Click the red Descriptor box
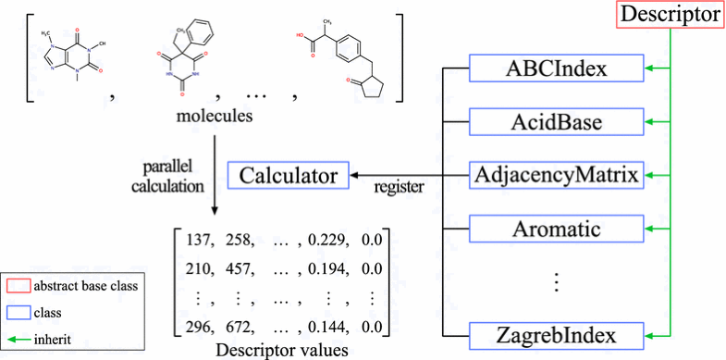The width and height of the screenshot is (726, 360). [671, 15]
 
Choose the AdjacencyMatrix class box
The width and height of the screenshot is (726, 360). [556, 174]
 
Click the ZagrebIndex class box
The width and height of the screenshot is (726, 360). [556, 333]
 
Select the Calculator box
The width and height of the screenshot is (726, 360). [289, 174]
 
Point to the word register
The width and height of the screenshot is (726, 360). [399, 187]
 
